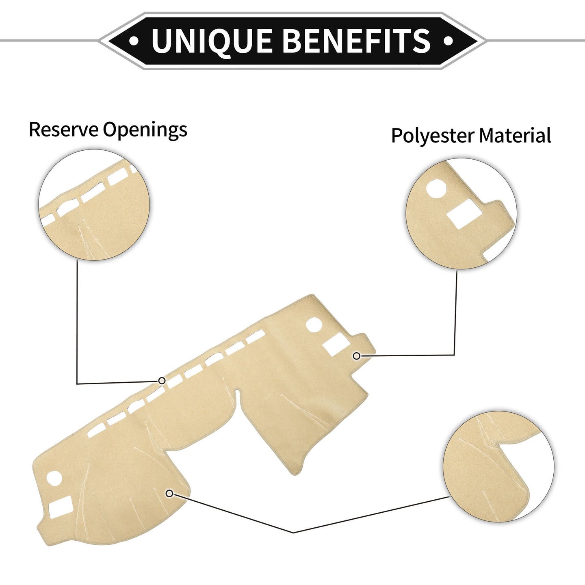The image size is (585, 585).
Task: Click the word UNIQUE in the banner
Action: point(211,41)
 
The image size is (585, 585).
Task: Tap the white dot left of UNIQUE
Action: point(134,41)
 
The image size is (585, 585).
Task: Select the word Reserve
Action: point(63,129)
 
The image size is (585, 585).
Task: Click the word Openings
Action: point(145,131)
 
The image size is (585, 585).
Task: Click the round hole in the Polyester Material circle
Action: point(436,189)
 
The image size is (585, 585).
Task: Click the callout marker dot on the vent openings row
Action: point(162,381)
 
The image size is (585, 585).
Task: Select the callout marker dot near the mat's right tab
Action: point(357,356)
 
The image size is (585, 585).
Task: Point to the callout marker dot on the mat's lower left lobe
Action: point(170,494)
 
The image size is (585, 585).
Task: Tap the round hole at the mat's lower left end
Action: point(55,479)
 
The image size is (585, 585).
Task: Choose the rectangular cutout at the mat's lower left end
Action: point(61,507)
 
